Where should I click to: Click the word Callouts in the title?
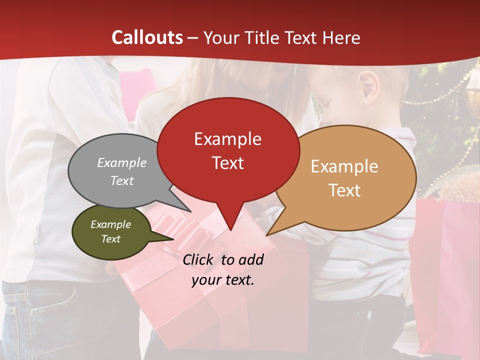147,37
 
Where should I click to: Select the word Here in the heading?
341,37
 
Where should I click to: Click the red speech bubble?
228,150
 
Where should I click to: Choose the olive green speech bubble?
111,232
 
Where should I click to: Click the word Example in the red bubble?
227,139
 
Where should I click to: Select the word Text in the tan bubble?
345,190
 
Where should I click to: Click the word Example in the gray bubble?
122,163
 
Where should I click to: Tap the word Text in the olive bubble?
111,239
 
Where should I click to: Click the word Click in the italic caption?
199,259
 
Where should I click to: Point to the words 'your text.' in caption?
223,280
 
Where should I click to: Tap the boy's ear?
369,85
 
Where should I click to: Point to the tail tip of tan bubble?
267,234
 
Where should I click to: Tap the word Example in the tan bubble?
344,166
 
